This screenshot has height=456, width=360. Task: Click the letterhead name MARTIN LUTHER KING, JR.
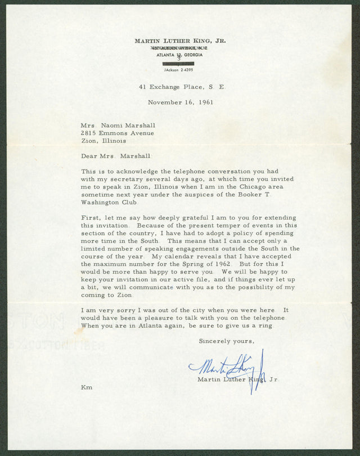tap(180, 41)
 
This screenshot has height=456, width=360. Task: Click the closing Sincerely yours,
tap(226, 341)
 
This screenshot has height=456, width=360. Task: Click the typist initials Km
tap(87, 387)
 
